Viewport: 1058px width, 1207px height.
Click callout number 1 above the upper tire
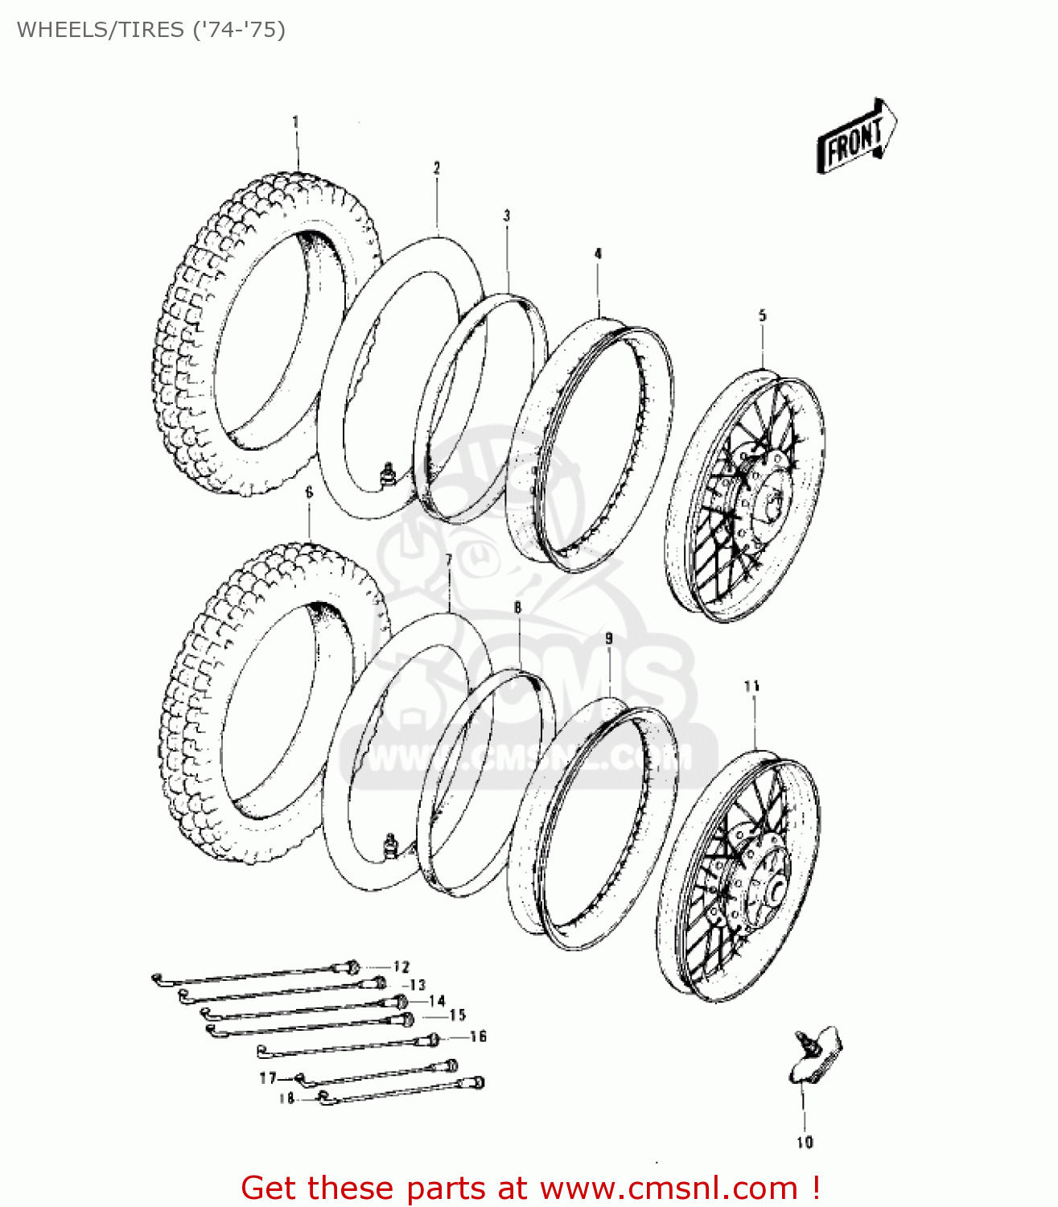click(x=295, y=122)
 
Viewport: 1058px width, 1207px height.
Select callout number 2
click(x=437, y=168)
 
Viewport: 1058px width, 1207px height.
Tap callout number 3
click(x=507, y=216)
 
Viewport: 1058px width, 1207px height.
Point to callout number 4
click(x=598, y=253)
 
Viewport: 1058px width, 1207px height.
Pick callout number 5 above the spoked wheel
click(x=762, y=315)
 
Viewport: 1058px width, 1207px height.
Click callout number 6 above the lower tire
click(x=309, y=492)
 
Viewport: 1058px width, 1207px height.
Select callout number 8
click(x=517, y=608)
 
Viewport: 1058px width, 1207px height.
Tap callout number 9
click(x=609, y=638)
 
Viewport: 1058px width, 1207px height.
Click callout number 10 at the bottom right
click(x=805, y=1142)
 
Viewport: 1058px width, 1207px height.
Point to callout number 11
click(x=751, y=686)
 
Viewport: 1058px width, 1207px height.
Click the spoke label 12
click(x=401, y=966)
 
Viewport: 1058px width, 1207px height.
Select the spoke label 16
click(x=478, y=1036)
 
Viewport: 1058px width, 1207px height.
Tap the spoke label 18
click(x=287, y=1098)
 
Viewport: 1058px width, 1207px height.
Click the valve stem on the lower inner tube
click(x=391, y=847)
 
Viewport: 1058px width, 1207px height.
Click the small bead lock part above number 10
click(x=814, y=1054)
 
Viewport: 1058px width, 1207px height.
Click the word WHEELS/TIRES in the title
click(x=101, y=30)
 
